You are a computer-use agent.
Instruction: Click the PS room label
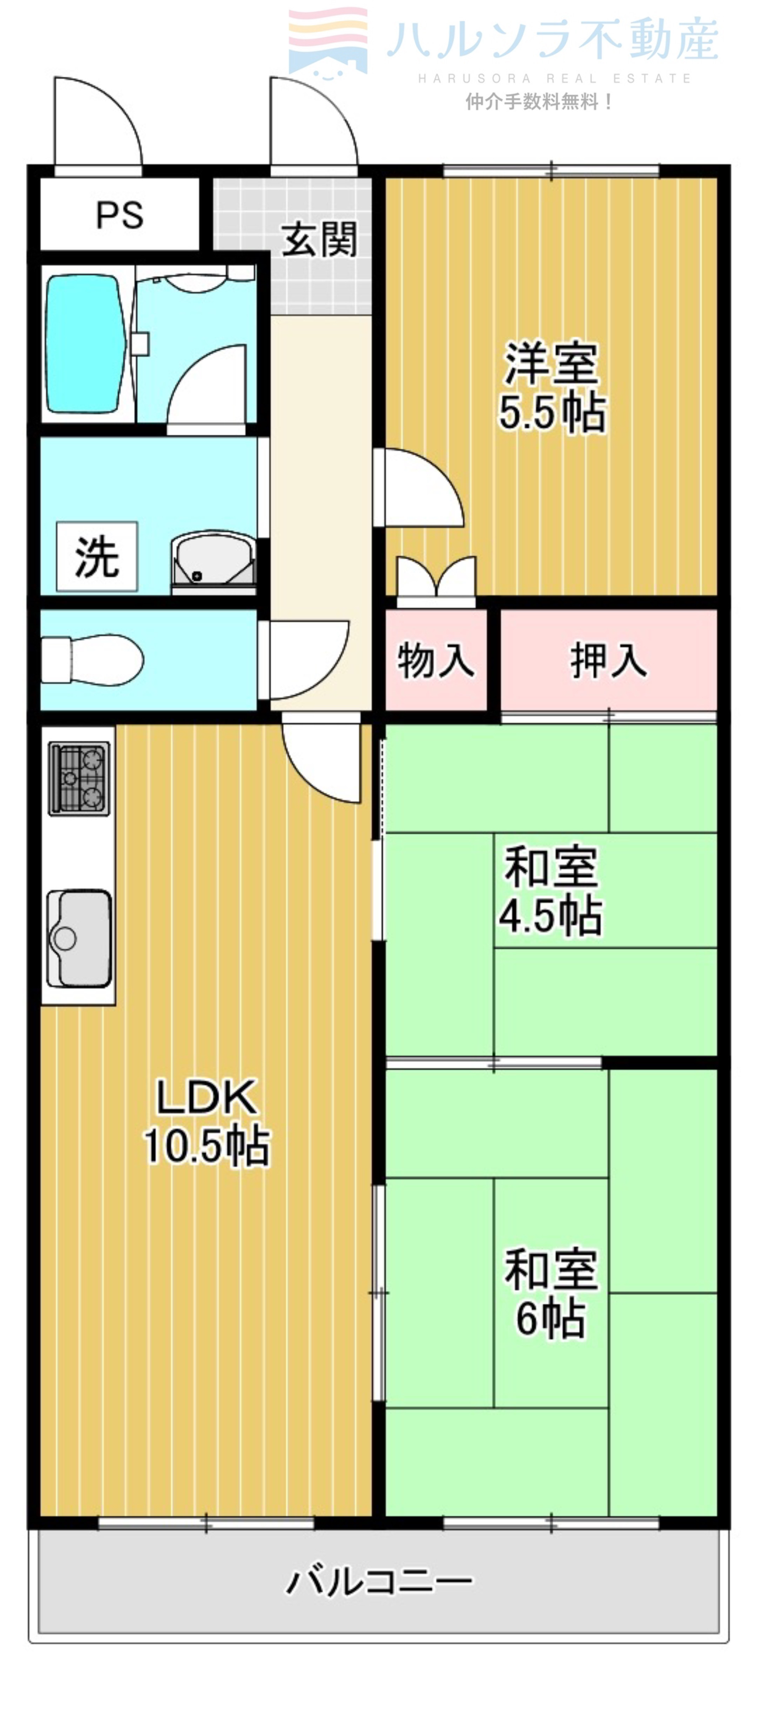click(x=119, y=215)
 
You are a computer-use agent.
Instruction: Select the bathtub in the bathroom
click(x=85, y=345)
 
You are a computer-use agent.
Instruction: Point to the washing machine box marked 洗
click(x=97, y=557)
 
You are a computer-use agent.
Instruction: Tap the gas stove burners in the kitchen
click(x=79, y=778)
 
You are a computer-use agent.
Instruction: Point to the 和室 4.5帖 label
click(x=550, y=890)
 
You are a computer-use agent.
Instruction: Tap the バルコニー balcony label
click(x=378, y=1582)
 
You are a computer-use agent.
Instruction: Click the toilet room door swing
click(x=303, y=656)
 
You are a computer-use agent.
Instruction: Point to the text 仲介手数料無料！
click(x=539, y=102)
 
